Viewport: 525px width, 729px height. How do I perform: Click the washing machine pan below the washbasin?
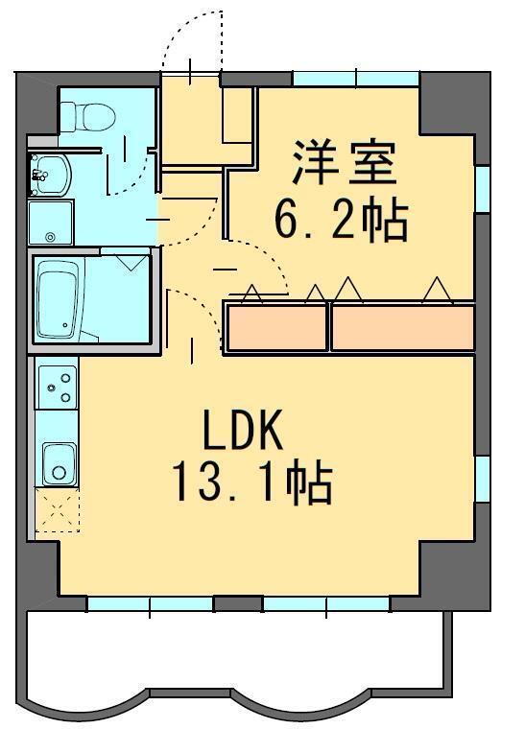point(50,223)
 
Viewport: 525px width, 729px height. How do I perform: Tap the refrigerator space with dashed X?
point(57,509)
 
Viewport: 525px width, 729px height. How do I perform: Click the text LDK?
point(242,433)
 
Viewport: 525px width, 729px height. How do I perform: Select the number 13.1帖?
point(251,483)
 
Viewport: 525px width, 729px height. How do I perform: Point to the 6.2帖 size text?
point(342,221)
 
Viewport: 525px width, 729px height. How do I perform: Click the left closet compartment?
point(276,328)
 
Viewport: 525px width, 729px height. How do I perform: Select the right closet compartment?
point(402,328)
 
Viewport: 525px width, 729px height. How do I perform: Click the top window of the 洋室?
point(355,79)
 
